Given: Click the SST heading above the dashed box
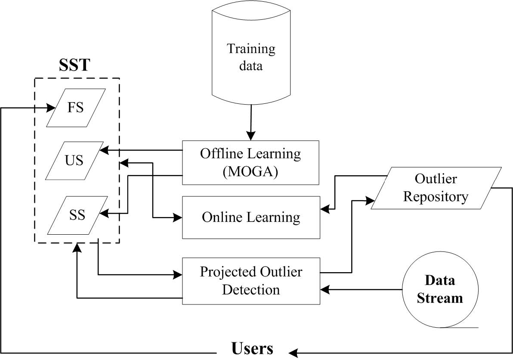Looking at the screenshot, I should click(74, 65).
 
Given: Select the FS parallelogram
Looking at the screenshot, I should click(76, 108).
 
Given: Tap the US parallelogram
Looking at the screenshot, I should click(74, 161).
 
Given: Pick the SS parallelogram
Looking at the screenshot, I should click(78, 215).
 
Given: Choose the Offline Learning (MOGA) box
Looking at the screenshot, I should click(250, 162).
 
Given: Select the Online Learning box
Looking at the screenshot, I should click(251, 217).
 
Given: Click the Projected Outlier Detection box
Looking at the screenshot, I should click(251, 281).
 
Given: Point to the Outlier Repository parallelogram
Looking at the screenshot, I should click(436, 188).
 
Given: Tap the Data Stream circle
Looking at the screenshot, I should click(440, 289).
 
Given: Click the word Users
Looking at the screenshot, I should click(252, 348).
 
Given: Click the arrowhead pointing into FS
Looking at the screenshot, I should click(50, 108).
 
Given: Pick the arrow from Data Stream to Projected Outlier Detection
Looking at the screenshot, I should click(362, 290).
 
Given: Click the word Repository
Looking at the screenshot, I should click(436, 197).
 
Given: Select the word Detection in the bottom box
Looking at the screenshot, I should click(251, 289).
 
